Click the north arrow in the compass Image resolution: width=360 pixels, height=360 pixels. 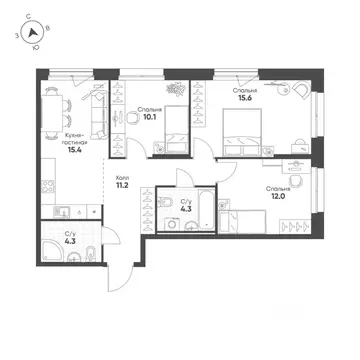tap(32, 33)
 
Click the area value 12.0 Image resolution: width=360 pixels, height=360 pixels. tap(278, 196)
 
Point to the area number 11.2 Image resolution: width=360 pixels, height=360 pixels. tap(121, 185)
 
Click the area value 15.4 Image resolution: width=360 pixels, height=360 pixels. tap(75, 150)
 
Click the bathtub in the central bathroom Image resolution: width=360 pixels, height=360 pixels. tap(206, 209)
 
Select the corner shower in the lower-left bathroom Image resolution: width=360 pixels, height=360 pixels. tap(52, 251)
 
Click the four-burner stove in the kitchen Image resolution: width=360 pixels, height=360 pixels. tap(48, 187)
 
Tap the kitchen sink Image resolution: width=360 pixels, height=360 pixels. tap(62, 212)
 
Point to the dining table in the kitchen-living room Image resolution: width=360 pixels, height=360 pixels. tap(52, 113)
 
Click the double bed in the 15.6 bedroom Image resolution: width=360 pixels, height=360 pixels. tap(242, 132)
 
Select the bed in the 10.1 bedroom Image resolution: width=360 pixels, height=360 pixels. tap(177, 129)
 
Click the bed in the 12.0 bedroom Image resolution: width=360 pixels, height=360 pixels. tap(243, 222)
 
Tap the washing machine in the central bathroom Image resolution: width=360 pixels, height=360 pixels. tap(172, 224)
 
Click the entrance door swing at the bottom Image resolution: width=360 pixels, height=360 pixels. tap(119, 277)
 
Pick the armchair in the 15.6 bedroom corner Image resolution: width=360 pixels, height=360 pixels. tap(302, 89)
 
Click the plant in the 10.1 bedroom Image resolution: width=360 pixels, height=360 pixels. tap(176, 89)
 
